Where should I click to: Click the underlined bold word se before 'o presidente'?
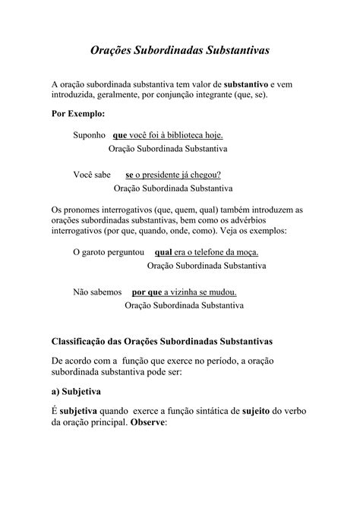pyautogui.click(x=129, y=174)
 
